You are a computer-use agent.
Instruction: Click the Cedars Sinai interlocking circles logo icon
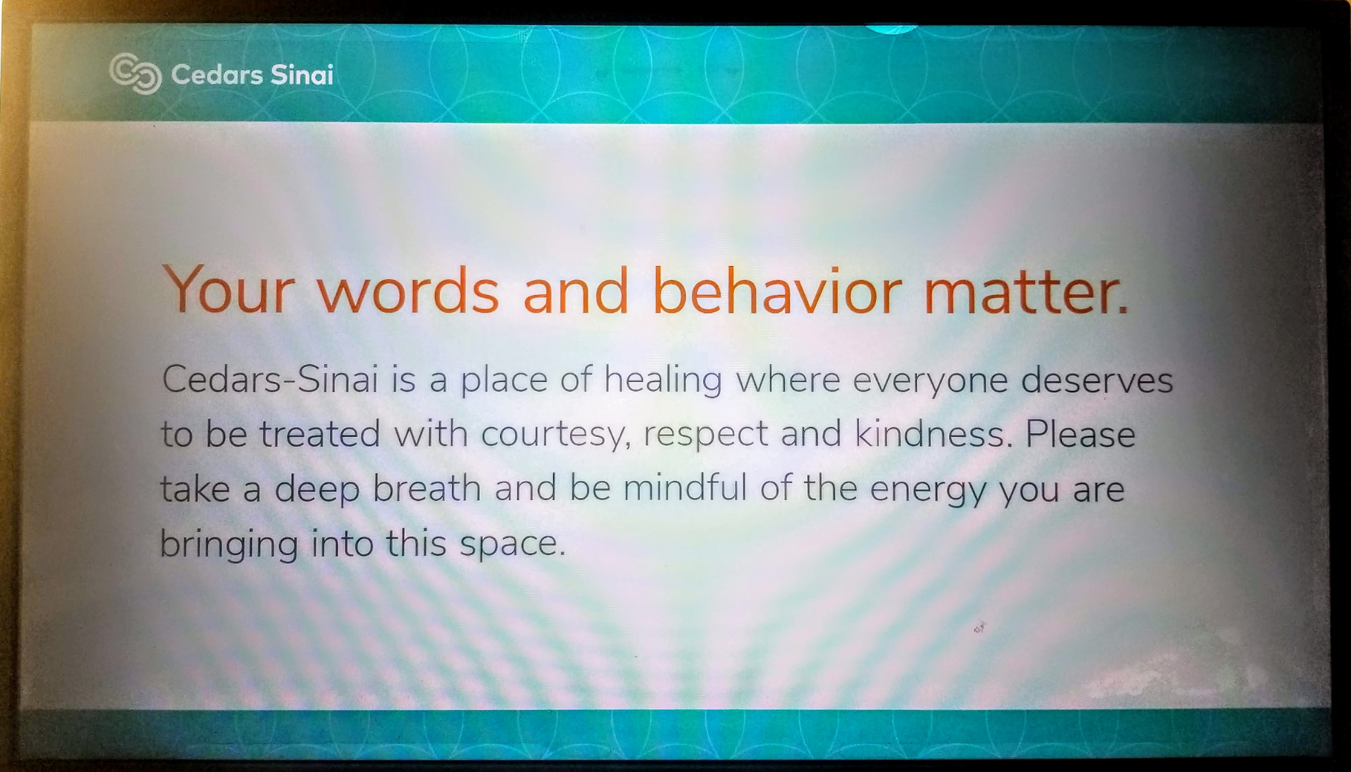tap(135, 73)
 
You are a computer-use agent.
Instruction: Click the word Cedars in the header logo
tap(217, 75)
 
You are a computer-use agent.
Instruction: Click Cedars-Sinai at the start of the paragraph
tap(270, 379)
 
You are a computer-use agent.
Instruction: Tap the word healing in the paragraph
tap(663, 381)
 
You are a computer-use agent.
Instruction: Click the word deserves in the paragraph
tap(1097, 380)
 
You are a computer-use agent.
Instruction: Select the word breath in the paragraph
tap(427, 488)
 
